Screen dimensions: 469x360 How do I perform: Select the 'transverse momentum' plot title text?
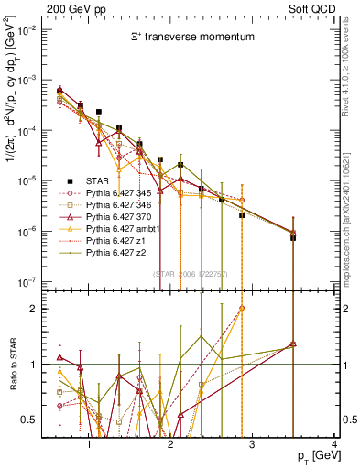tap(190, 38)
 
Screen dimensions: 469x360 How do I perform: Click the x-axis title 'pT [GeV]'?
tap(313, 455)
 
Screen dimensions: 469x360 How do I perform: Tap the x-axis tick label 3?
tap(253, 444)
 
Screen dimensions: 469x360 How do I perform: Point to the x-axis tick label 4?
tap(334, 444)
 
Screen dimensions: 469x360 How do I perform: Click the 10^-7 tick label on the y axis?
tap(30, 282)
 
